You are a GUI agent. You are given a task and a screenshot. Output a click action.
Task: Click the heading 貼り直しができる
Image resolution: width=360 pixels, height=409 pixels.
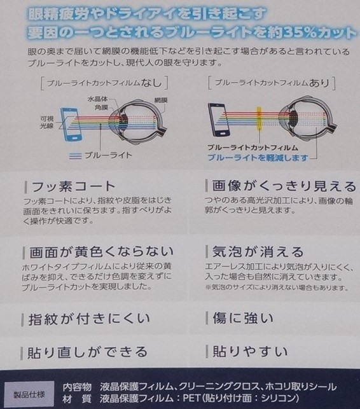point(87,352)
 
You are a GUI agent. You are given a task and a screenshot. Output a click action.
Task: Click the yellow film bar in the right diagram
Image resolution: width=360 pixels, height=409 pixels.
point(259,119)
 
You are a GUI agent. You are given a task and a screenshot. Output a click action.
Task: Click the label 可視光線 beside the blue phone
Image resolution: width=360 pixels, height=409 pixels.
point(47,122)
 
